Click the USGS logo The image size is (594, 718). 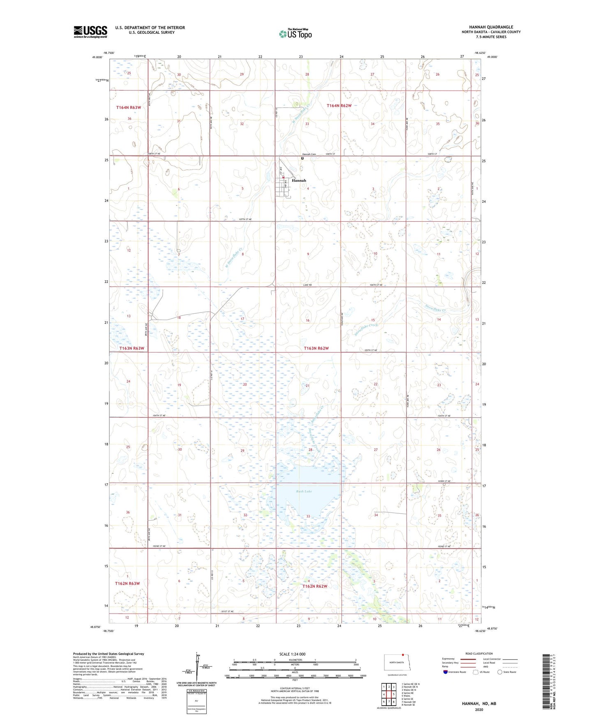pos(90,32)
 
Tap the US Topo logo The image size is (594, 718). pos(295,33)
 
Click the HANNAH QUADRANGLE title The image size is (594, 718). pos(491,27)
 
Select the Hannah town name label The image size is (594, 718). pos(299,181)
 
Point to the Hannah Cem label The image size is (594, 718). pos(309,154)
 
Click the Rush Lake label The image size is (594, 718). pos(304,491)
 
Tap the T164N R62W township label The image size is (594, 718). pos(339,106)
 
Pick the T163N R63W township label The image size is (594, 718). pos(132,348)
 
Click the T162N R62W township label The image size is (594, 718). pos(315,586)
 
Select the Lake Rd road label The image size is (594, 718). pos(307,285)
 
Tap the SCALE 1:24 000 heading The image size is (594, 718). pos(292,654)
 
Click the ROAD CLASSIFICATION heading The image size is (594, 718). pos(479,653)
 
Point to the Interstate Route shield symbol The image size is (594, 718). pos(446,672)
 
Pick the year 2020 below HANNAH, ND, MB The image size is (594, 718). pos(479,709)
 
